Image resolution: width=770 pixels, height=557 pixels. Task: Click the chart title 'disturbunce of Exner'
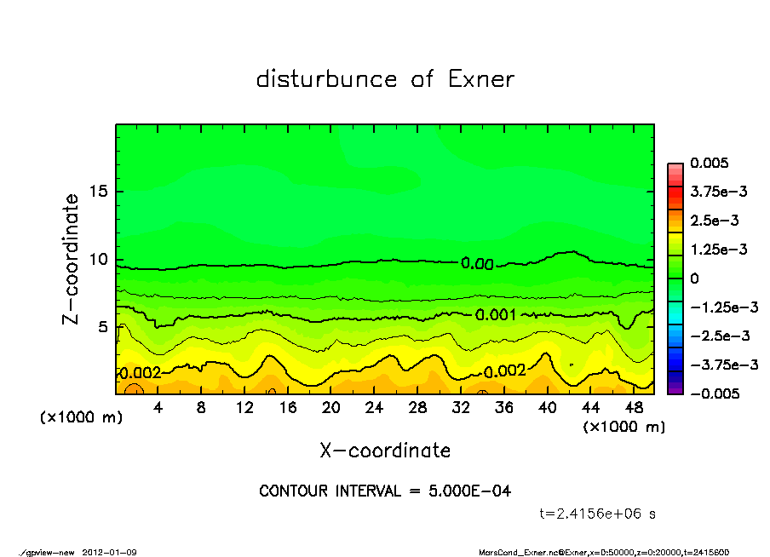[385, 80]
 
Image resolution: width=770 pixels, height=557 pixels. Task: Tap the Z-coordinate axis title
[72, 259]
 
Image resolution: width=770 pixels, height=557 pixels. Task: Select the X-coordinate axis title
[385, 450]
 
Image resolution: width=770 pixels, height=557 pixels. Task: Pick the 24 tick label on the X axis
[374, 408]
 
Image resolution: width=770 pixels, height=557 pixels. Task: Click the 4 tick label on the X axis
[158, 408]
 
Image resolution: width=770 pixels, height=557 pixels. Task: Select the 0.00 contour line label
[478, 264]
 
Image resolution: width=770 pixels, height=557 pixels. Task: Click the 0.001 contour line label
[496, 314]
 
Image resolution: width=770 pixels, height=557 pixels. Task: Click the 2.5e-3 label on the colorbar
[715, 221]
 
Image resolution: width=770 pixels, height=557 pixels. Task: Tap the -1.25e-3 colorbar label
[723, 307]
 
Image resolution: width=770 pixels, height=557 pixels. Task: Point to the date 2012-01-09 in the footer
[110, 552]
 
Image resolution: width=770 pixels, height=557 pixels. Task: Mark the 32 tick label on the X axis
[461, 408]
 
